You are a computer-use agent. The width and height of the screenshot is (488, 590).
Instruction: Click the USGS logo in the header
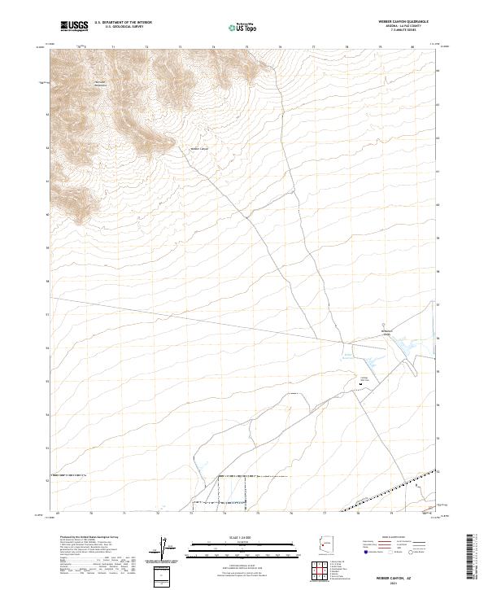(74, 27)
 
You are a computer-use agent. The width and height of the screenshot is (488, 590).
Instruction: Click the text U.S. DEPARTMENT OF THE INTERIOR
(124, 23)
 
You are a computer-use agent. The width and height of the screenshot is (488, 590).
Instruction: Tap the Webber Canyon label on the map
(199, 148)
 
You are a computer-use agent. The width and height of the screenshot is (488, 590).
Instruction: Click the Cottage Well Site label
(365, 378)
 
